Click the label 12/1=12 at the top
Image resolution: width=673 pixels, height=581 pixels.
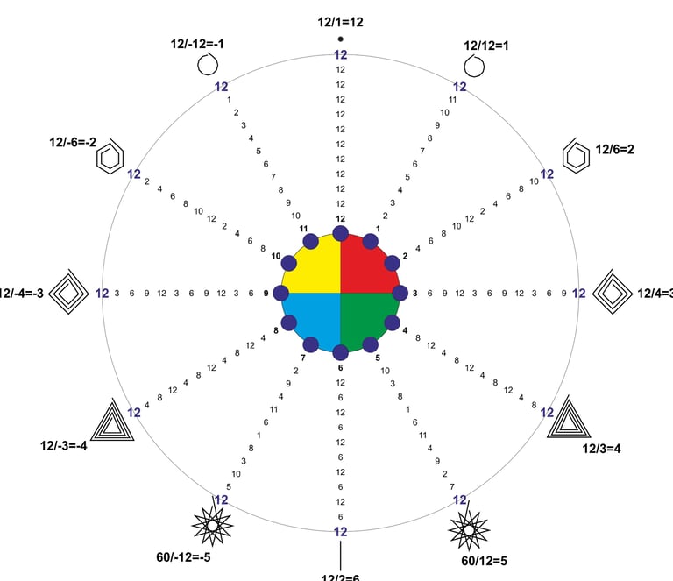click(340, 23)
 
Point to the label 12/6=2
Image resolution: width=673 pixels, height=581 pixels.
click(614, 149)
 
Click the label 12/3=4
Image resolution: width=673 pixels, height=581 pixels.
click(601, 449)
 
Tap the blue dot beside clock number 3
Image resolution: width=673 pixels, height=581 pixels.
click(400, 293)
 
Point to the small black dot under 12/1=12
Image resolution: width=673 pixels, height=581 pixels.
click(341, 39)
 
